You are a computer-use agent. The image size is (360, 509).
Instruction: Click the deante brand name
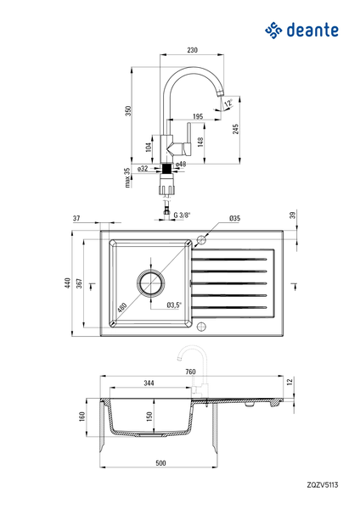(x=312, y=31)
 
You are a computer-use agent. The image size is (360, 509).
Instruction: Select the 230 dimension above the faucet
(x=192, y=50)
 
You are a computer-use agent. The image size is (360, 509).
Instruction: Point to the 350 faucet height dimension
(x=128, y=110)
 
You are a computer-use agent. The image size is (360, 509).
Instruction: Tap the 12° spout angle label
(x=228, y=103)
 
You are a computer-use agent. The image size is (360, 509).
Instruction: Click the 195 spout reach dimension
(x=198, y=116)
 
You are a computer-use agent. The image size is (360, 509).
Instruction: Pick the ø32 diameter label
(x=143, y=169)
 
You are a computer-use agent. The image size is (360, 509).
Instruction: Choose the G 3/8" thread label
(x=182, y=215)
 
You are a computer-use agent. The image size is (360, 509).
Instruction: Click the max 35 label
(x=127, y=177)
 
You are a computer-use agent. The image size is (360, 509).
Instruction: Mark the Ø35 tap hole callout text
(x=234, y=218)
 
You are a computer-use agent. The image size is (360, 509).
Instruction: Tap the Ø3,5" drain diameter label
(x=174, y=305)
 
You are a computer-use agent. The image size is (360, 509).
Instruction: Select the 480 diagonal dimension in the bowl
(x=121, y=307)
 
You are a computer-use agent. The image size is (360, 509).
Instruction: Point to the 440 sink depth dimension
(x=68, y=282)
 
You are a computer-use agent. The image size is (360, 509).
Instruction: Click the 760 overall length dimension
(x=191, y=372)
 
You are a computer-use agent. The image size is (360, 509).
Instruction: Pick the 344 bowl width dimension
(x=149, y=383)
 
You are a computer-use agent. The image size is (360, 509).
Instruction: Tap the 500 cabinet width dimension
(x=160, y=463)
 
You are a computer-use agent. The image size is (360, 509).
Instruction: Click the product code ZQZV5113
(x=323, y=485)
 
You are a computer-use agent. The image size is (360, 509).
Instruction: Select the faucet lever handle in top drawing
(x=188, y=138)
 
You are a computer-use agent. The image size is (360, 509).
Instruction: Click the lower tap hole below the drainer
(x=201, y=327)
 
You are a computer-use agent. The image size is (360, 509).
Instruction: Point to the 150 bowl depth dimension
(x=149, y=417)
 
